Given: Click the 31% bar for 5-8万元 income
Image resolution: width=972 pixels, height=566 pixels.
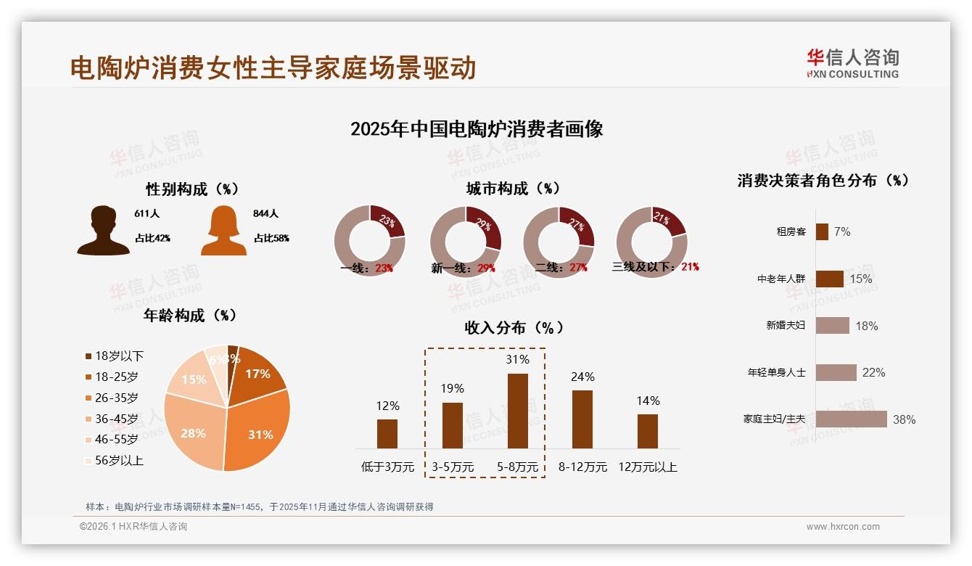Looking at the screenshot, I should (x=517, y=411).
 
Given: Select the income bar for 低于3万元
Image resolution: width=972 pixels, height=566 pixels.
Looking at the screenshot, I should (x=387, y=434).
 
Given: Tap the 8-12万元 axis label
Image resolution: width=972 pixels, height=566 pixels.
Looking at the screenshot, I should (x=582, y=467).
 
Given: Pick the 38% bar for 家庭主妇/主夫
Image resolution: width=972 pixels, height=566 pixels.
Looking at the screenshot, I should (x=851, y=419).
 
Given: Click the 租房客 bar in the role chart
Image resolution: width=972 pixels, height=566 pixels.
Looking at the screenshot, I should (x=822, y=231).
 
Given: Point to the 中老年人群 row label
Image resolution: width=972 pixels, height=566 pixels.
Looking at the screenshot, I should (x=781, y=279).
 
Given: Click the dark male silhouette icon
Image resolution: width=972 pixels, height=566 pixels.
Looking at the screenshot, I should (x=104, y=231).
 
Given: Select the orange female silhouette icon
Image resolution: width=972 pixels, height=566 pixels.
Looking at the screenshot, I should (x=223, y=231).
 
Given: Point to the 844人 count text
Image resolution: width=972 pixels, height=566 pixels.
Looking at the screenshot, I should (x=266, y=214).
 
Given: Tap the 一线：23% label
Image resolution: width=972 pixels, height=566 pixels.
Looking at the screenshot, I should (x=367, y=268).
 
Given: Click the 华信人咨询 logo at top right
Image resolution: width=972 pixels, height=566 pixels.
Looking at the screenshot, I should (x=852, y=64).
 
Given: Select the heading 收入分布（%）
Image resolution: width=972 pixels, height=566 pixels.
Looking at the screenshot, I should (x=514, y=327).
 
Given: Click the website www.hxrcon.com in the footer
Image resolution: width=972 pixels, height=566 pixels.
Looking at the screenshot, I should (x=843, y=527).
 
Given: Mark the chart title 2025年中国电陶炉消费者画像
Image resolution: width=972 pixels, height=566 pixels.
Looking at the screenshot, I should (x=477, y=129).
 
